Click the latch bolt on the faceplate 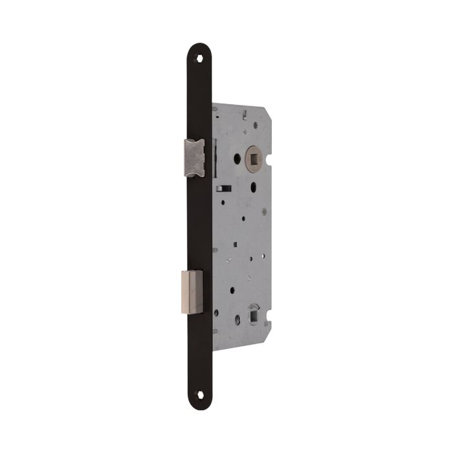(x=194, y=158)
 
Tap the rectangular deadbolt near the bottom (x=192, y=291)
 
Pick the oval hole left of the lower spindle (x=237, y=319)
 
